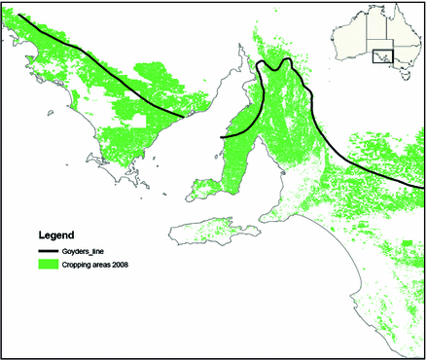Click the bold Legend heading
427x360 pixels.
click(x=57, y=235)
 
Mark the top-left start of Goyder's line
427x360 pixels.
click(x=19, y=18)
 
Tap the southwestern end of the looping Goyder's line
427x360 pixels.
click(x=223, y=138)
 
